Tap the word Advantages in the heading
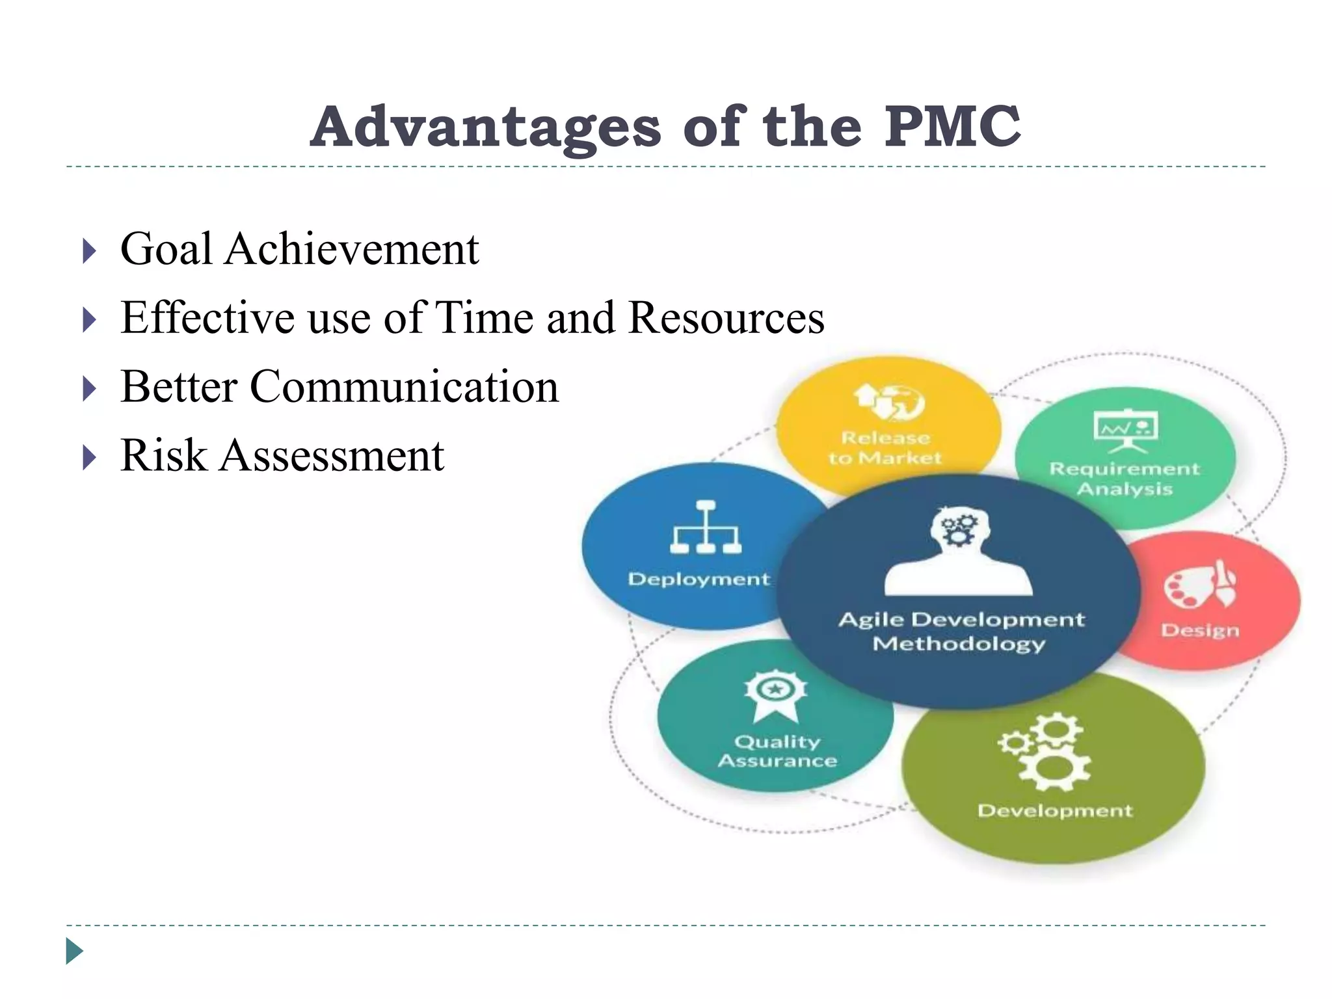485,127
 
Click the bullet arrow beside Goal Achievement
90,251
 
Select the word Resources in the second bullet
726,318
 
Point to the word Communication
404,386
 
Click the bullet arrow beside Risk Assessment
90,457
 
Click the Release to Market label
885,448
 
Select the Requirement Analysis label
1125,479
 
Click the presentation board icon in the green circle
1126,430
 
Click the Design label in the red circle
1200,630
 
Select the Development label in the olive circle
1054,811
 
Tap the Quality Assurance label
777,751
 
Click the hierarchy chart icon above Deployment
706,527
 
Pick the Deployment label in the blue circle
699,579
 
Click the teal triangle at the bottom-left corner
74,951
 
